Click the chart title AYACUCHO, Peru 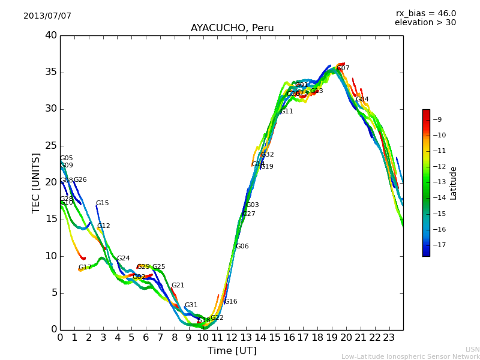click(232, 28)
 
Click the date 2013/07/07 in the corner click(47, 16)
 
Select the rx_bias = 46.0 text click(425, 13)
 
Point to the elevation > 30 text click(425, 23)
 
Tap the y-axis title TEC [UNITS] click(36, 182)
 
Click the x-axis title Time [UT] click(232, 351)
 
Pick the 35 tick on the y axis click(51, 73)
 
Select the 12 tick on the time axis click(232, 337)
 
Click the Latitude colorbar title click(454, 183)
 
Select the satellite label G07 click(343, 68)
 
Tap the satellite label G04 click(362, 100)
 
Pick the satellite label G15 click(103, 203)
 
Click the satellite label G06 click(242, 247)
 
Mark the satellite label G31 click(191, 305)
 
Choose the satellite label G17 click(85, 268)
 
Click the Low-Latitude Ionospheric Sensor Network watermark click(410, 356)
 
